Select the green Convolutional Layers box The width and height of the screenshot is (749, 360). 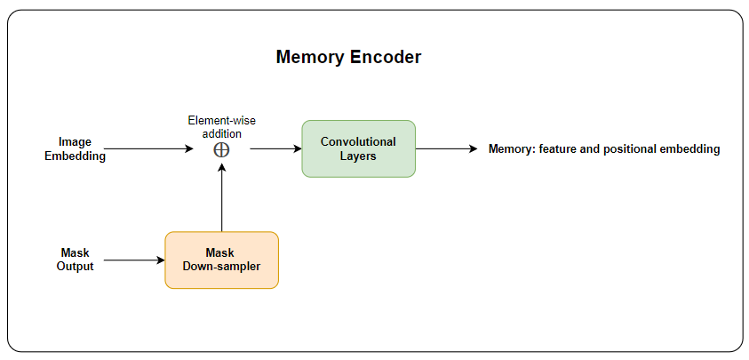[x=358, y=148]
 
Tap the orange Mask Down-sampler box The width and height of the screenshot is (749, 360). [x=221, y=260]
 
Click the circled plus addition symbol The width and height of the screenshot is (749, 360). [x=222, y=149]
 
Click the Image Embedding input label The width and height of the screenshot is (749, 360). [x=76, y=148]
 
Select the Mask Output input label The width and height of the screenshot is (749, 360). [x=76, y=260]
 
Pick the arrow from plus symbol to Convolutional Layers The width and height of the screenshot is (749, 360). [x=275, y=149]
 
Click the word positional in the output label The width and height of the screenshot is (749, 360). [x=622, y=149]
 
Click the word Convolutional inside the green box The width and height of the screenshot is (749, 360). [x=358, y=142]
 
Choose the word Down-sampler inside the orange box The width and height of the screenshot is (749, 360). [x=221, y=267]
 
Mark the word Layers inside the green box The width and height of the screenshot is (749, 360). [x=358, y=156]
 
